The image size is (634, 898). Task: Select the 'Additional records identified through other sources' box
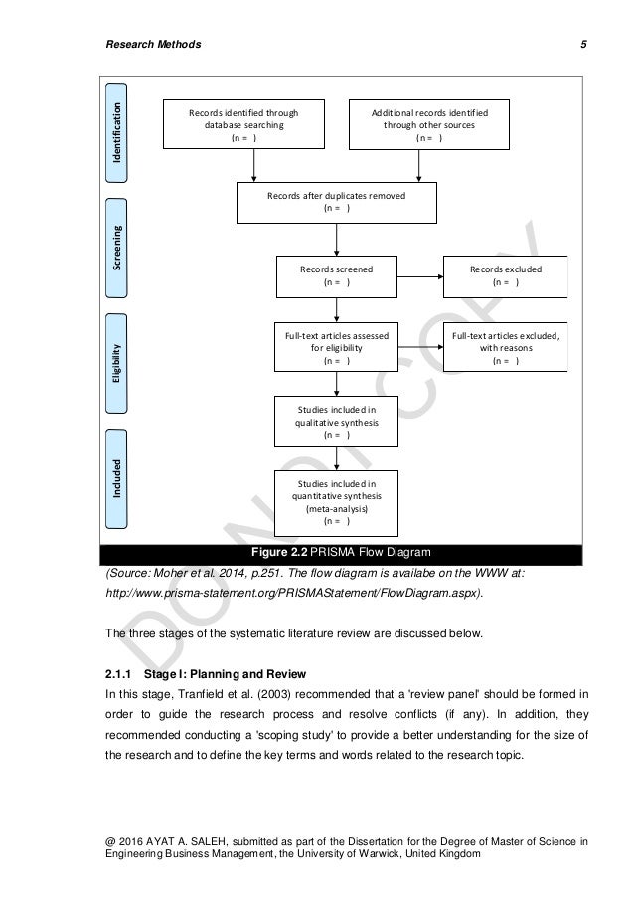(429, 125)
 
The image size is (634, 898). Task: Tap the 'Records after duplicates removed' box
(337, 202)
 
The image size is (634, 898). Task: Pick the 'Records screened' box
(337, 274)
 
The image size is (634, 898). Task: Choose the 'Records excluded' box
(505, 274)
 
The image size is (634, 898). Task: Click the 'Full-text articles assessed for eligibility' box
(337, 348)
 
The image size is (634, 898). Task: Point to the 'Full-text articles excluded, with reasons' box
(505, 348)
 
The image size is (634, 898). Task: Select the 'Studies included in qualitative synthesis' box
(337, 421)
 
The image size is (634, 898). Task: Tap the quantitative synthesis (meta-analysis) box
(337, 501)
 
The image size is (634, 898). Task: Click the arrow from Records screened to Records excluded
(419, 275)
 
